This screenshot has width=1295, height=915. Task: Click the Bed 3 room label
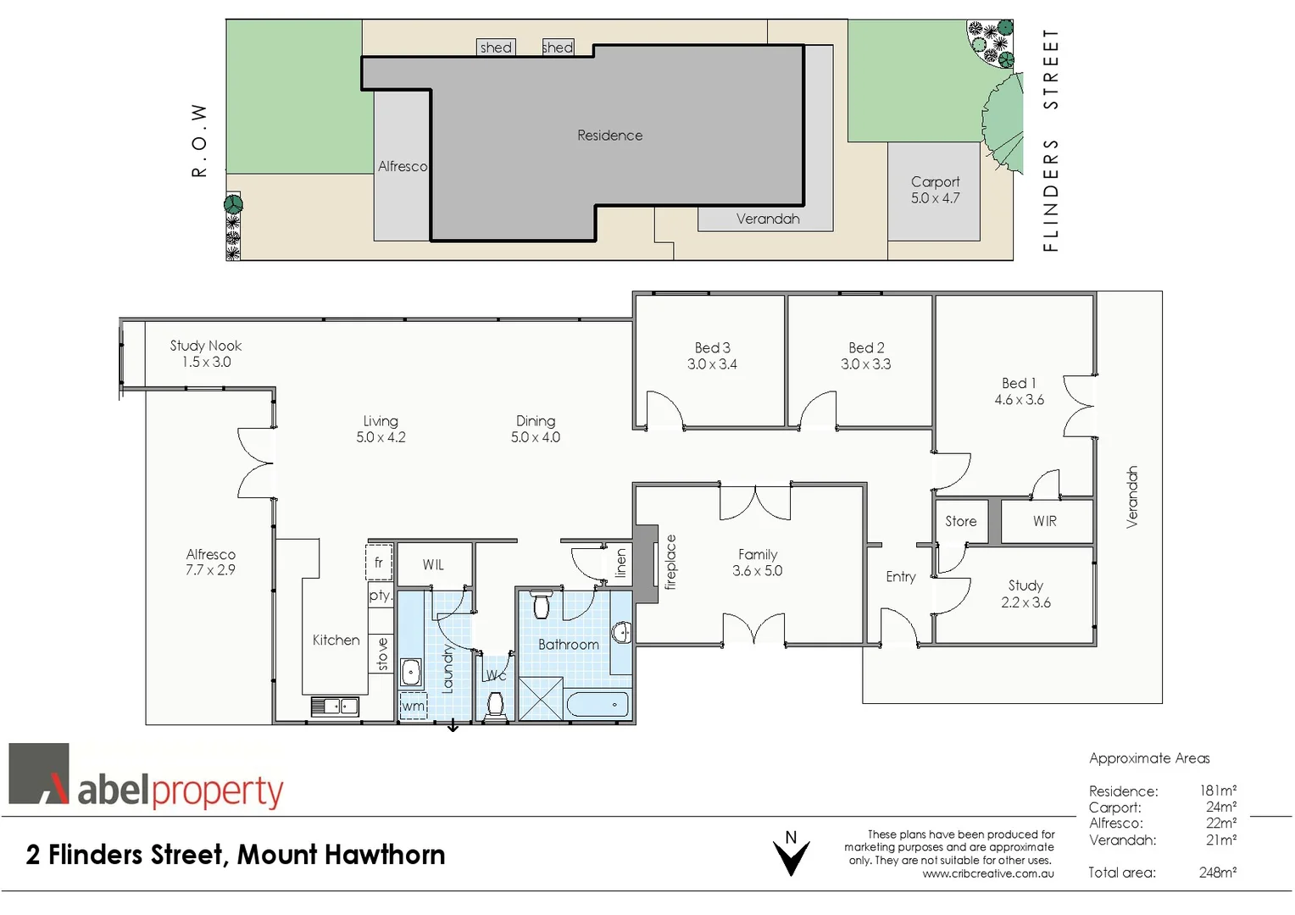[x=712, y=347]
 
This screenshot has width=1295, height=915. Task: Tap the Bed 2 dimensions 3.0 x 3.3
[x=865, y=364]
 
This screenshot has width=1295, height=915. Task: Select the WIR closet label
[x=1044, y=521]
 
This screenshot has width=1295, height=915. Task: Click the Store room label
[x=960, y=521]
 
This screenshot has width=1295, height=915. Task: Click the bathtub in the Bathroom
[x=597, y=704]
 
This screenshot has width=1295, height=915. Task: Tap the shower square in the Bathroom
[x=540, y=699]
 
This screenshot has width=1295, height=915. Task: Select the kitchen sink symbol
[x=335, y=706]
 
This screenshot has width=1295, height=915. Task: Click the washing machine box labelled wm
[x=413, y=706]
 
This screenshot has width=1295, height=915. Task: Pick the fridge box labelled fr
[x=379, y=563]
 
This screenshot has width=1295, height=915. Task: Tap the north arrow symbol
[x=791, y=854]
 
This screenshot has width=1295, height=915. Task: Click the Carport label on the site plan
[x=935, y=181]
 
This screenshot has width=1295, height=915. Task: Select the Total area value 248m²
[x=1217, y=872]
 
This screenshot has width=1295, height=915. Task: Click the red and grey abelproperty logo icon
[x=39, y=774]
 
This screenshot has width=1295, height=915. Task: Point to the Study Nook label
[x=205, y=346]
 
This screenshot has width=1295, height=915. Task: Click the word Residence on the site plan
[x=609, y=136]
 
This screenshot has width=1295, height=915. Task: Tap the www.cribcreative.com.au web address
[x=988, y=873]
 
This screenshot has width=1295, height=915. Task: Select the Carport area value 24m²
[x=1220, y=807]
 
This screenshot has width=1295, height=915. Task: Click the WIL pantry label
[x=433, y=565]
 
